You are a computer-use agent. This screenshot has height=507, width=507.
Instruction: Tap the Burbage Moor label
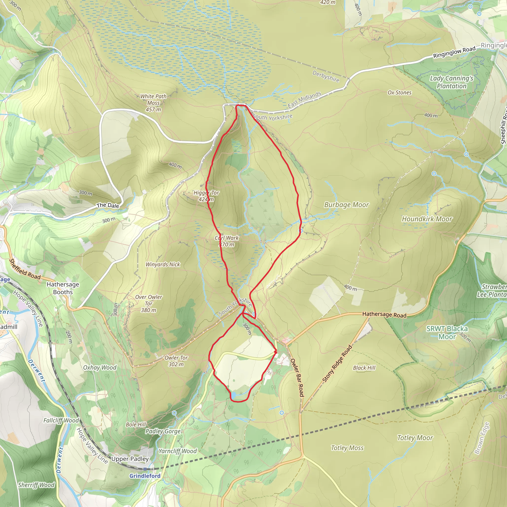[346, 205]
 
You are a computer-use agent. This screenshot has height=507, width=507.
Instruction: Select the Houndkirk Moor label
[427, 219]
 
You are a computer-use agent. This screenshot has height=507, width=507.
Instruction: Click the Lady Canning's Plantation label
[451, 82]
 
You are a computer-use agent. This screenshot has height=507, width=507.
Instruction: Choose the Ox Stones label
[399, 93]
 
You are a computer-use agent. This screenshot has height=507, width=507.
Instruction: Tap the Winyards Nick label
[163, 265]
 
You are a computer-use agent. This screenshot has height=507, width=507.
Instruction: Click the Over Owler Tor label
[149, 303]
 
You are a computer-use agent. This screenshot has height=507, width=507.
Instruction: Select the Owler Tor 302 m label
[176, 361]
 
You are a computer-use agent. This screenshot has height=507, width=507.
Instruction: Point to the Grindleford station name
[145, 476]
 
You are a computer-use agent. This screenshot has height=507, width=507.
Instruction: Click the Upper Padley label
[130, 459]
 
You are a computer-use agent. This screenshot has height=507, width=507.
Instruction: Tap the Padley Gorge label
[163, 431]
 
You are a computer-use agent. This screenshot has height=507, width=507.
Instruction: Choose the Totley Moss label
[347, 448]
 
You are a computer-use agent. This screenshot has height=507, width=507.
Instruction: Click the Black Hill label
[364, 368]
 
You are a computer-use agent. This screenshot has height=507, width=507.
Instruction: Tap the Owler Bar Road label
[297, 377]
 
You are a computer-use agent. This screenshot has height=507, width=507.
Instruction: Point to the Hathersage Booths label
[63, 288]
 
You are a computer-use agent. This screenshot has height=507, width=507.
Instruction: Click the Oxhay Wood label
[100, 367]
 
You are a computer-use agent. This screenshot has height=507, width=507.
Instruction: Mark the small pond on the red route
[233, 395]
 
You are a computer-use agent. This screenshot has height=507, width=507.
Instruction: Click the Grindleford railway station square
[145, 469]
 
